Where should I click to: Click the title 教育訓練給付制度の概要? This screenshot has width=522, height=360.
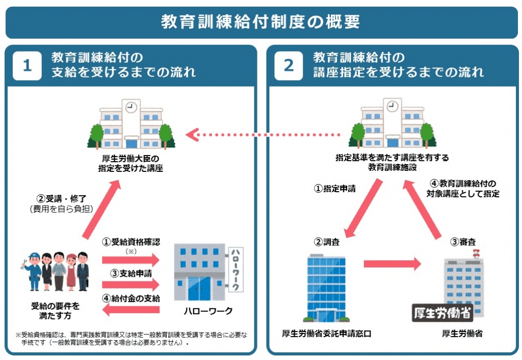(260, 22)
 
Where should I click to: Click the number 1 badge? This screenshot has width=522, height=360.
(27, 66)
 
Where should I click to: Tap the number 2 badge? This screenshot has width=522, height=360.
(289, 66)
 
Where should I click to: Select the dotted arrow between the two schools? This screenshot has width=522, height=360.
(263, 135)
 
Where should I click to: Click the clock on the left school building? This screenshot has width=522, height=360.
(132, 108)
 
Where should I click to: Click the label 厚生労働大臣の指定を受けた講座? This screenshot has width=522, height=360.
(131, 163)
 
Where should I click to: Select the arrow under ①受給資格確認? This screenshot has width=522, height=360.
(130, 260)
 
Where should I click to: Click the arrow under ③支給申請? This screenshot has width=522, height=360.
(130, 284)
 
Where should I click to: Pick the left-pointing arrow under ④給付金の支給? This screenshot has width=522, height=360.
(130, 309)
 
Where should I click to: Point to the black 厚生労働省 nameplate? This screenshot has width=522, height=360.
(442, 312)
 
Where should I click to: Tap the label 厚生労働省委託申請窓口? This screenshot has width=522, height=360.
(326, 334)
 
